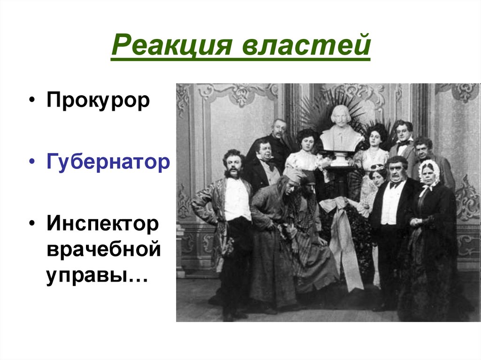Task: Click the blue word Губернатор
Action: click(108, 162)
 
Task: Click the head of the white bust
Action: click(341, 116)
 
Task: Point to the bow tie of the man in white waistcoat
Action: click(395, 184)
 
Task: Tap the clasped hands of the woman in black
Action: click(416, 222)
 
